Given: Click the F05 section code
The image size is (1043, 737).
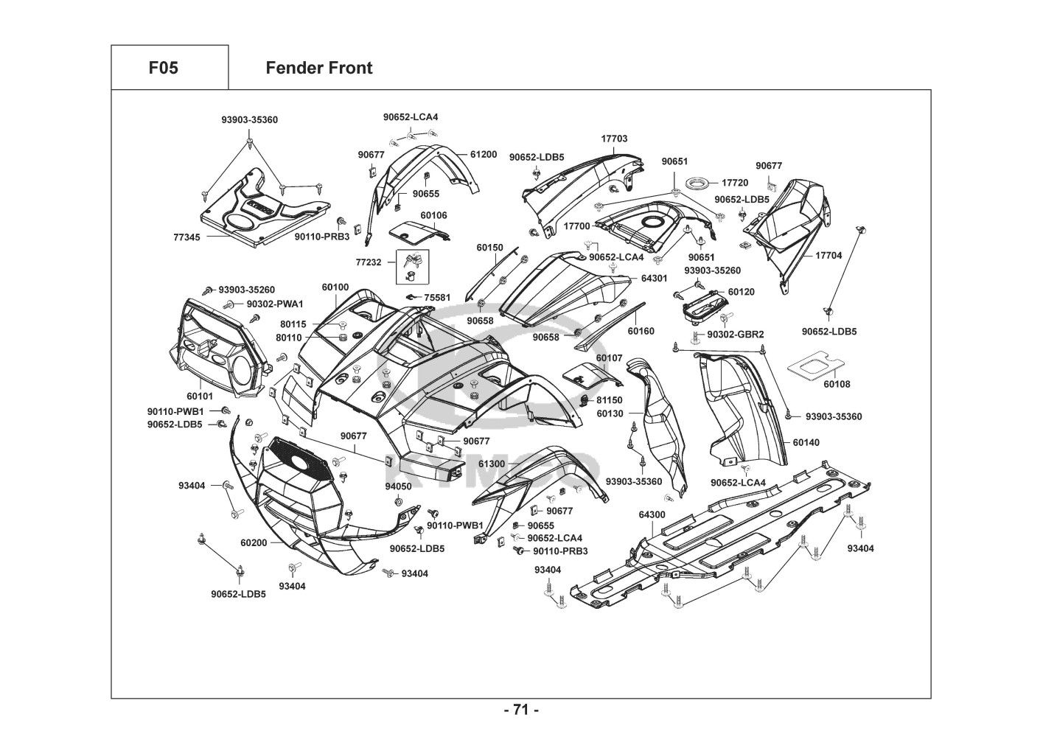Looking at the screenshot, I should pos(163,69).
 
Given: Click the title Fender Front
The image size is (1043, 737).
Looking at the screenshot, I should pos(318,69).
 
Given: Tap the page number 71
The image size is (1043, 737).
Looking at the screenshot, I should pos(521,710).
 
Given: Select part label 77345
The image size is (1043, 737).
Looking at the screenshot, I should pos(187,237).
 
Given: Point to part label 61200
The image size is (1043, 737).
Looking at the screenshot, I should pos(483,155).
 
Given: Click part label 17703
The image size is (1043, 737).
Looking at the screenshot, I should pos(614,139).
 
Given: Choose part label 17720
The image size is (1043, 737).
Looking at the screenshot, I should pos(735,183).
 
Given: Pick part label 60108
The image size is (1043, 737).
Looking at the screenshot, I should pos(837,384).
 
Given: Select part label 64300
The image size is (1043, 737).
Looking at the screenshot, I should pos(652,514).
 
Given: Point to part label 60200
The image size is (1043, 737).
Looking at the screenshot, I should pos(254,542).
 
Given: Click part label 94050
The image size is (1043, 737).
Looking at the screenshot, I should pos(398,486).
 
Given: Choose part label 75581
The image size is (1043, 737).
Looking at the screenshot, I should pos(437,298).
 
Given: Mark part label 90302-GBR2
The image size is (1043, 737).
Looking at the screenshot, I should pos(735,335).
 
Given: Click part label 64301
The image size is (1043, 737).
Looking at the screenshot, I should pos(654,279).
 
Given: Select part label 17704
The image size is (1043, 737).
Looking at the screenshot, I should pos(828,256).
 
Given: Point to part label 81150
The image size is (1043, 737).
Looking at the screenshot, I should pos(610,400).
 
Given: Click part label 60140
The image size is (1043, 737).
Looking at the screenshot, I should pos(806,443).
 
